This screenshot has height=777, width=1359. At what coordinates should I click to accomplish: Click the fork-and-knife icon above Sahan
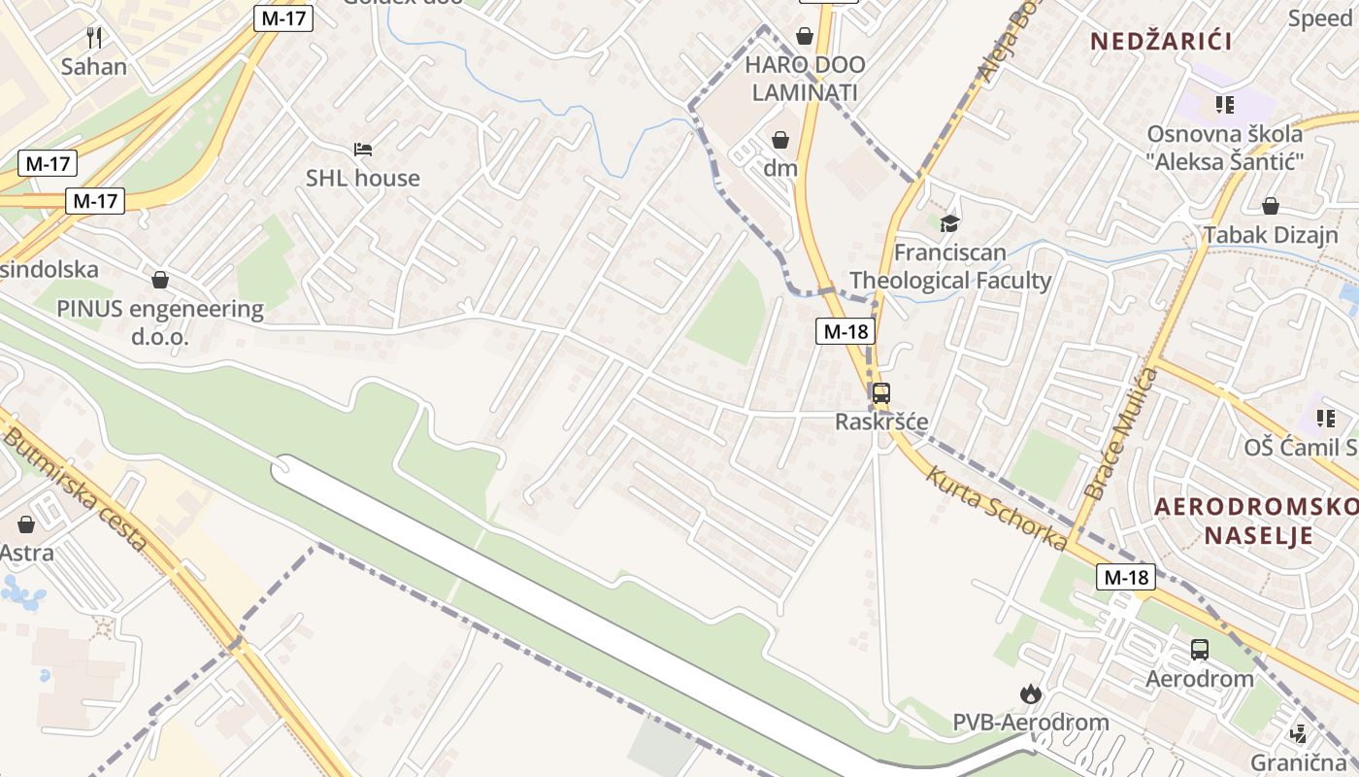click(x=94, y=38)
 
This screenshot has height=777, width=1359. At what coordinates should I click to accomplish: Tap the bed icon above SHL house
click(x=363, y=150)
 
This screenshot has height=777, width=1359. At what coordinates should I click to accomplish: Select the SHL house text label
click(x=363, y=178)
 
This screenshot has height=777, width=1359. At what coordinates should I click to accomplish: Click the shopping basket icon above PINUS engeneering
click(x=160, y=280)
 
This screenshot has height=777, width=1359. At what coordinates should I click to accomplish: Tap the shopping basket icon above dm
click(x=779, y=140)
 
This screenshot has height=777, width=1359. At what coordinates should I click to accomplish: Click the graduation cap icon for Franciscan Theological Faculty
click(x=949, y=223)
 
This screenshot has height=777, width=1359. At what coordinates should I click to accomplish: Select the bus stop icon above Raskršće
click(x=880, y=393)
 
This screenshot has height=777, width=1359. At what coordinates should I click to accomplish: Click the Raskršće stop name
click(x=881, y=422)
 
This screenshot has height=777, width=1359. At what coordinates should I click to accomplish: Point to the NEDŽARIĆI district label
click(x=1161, y=41)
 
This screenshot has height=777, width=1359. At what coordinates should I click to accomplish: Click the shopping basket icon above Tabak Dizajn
click(x=1270, y=206)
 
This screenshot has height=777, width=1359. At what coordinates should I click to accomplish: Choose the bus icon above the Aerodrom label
click(x=1200, y=650)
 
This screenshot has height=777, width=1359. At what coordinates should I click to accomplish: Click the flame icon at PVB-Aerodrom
click(x=1030, y=693)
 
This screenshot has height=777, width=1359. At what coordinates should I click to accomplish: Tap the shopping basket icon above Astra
click(x=26, y=524)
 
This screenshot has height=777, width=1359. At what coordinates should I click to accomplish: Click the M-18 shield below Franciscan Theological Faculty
click(x=845, y=331)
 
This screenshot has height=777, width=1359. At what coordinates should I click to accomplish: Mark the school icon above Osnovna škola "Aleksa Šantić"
click(x=1224, y=104)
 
